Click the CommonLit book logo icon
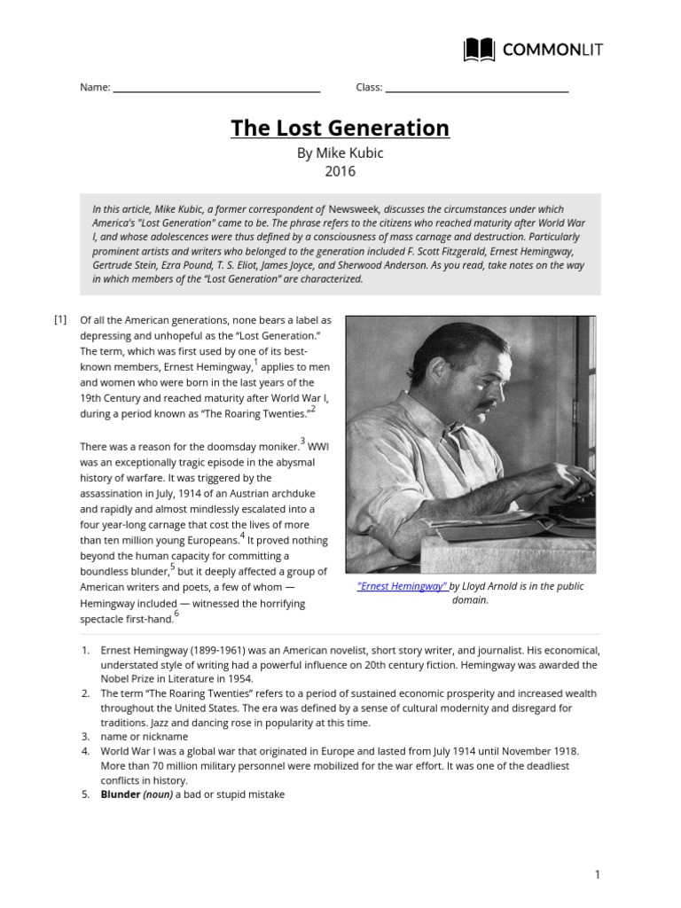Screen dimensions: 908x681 tap(480, 50)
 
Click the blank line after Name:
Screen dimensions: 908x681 tap(216, 88)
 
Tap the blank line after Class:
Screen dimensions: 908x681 tap(477, 88)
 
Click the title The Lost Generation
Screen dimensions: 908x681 tap(340, 128)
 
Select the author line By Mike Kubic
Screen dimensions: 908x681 tap(340, 153)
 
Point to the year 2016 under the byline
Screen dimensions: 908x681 tap(340, 170)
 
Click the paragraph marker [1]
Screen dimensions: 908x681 tap(60, 319)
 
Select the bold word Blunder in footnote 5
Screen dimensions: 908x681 tap(121, 794)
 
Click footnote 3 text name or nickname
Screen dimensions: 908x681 tap(144, 737)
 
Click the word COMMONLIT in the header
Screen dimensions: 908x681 tap(552, 50)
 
